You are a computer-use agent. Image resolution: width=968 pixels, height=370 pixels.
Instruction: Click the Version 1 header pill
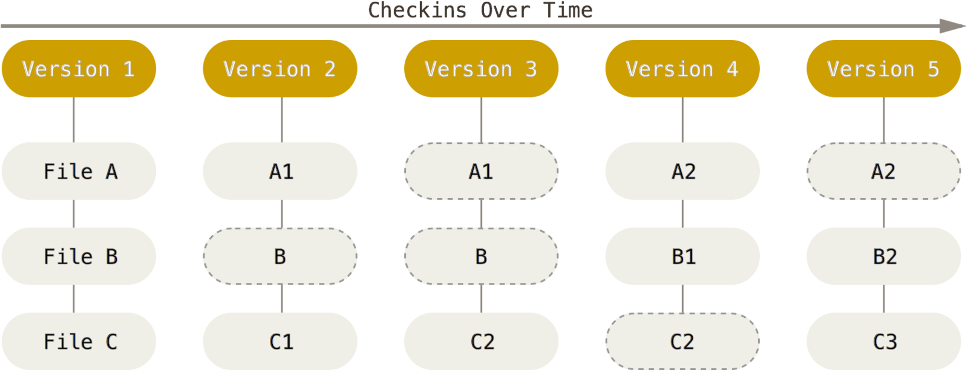click(x=79, y=68)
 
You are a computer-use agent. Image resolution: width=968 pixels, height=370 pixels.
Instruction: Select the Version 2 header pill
click(x=280, y=68)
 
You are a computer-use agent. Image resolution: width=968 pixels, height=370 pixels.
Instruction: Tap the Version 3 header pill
click(x=481, y=68)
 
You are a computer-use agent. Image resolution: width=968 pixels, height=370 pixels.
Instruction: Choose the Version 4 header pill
click(x=682, y=68)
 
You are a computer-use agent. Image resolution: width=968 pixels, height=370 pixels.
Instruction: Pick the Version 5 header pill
click(x=883, y=68)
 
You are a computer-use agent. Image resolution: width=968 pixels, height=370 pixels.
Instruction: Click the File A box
click(x=79, y=171)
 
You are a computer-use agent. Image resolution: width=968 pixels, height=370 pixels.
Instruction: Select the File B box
click(x=79, y=256)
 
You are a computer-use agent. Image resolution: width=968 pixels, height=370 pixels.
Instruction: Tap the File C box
click(x=79, y=341)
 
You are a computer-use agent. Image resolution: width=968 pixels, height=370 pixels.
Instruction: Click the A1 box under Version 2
click(x=280, y=171)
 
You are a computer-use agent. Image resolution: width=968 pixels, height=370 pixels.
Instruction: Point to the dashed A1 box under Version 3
click(x=481, y=171)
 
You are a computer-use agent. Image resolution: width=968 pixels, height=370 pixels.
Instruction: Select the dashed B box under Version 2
click(x=280, y=256)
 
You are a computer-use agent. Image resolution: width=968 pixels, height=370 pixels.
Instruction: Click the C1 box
click(x=280, y=341)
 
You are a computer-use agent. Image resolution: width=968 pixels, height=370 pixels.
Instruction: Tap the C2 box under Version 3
click(x=481, y=341)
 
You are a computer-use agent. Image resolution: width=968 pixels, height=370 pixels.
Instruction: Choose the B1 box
click(x=682, y=256)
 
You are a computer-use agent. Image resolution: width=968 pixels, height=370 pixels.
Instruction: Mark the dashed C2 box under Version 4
click(x=682, y=341)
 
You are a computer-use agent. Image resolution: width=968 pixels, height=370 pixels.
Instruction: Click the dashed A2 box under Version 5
click(x=883, y=171)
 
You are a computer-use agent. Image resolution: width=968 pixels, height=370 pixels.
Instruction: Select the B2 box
click(x=883, y=256)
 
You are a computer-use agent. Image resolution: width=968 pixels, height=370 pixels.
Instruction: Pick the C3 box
click(x=883, y=341)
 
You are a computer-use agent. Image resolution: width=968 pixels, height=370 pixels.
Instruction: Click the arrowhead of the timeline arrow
click(x=954, y=26)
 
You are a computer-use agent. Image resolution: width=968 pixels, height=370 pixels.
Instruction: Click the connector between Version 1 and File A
click(x=74, y=120)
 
